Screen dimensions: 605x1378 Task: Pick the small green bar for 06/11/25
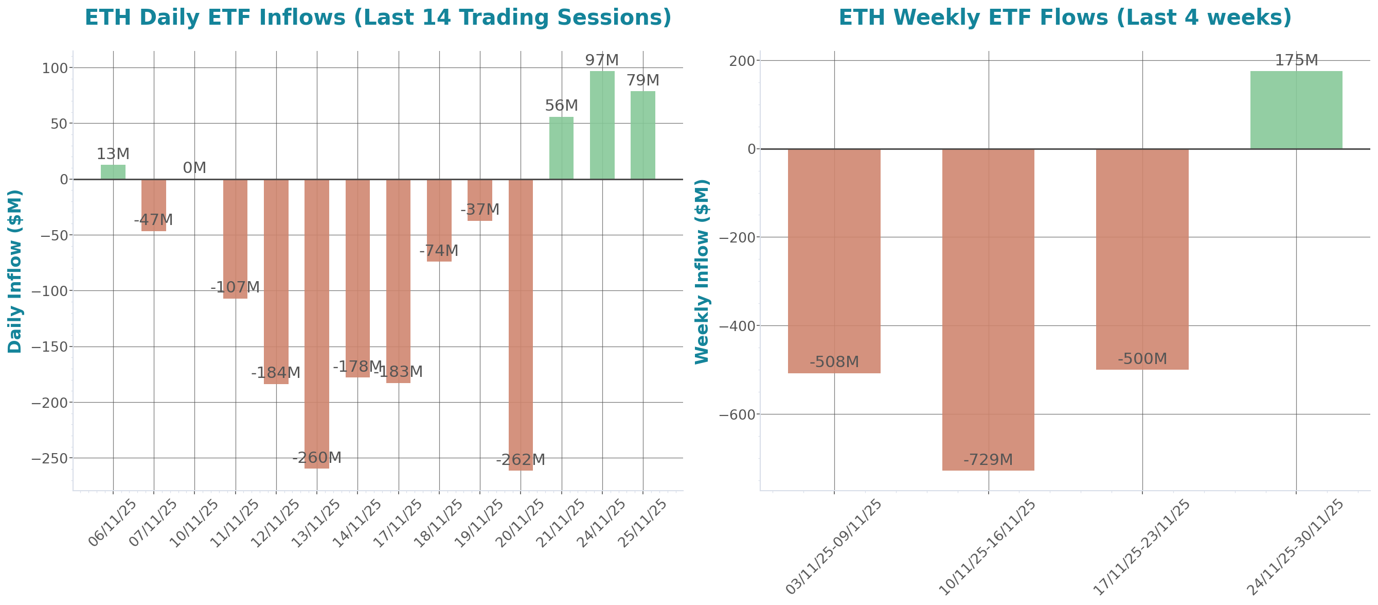[x=113, y=172]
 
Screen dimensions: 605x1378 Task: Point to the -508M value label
[x=834, y=362]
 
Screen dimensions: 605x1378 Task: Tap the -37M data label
[x=479, y=210]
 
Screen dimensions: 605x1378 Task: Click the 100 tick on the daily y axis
[x=55, y=68]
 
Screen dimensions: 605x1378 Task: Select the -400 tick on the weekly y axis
[x=737, y=326]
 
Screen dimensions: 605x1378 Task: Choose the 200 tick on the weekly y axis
[x=742, y=61]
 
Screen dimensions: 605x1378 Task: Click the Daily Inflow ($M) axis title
[x=14, y=271]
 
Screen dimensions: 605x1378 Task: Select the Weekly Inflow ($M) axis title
[x=701, y=271]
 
